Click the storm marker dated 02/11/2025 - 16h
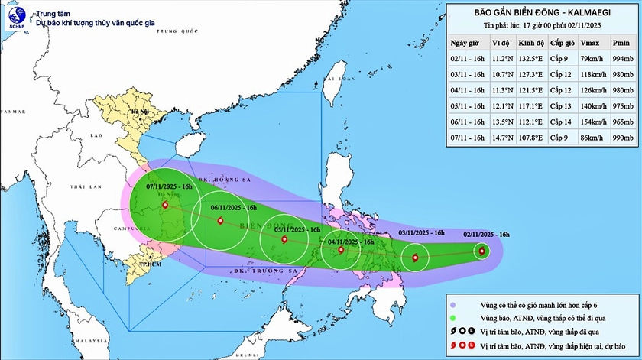coord(481,250)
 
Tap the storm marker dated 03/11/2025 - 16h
coord(415,258)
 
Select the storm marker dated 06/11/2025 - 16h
coord(221,221)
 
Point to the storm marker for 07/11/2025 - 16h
coord(165,204)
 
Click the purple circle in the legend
coord(454,306)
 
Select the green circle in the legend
coord(454,319)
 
